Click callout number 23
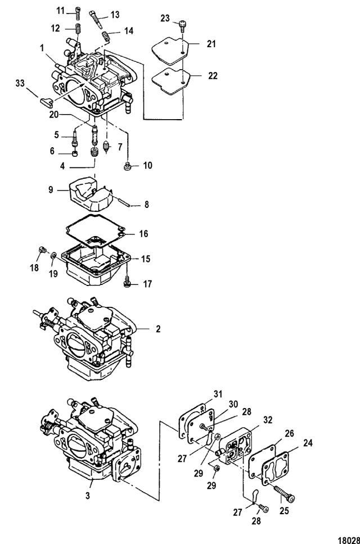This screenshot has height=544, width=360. [165, 18]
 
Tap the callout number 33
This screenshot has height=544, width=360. [20, 83]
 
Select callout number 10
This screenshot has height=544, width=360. [148, 166]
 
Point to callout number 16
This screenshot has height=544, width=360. [143, 233]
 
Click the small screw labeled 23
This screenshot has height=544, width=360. [181, 24]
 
